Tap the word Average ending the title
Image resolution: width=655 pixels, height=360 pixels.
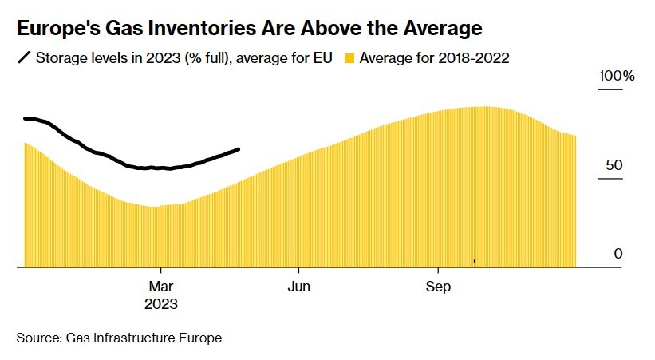click(x=442, y=30)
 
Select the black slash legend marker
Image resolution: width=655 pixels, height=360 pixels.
click(x=24, y=58)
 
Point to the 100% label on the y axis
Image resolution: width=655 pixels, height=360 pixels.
click(x=617, y=77)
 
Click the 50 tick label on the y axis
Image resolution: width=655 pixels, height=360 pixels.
click(x=613, y=165)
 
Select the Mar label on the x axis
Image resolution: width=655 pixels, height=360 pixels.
click(x=161, y=287)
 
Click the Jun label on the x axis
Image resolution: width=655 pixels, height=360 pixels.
click(x=299, y=287)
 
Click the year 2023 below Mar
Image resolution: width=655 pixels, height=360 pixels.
click(x=161, y=304)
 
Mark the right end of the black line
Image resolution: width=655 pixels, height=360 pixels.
click(x=239, y=149)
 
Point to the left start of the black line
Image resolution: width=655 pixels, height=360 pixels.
click(x=25, y=118)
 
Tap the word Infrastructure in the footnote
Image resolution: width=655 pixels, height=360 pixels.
click(x=135, y=338)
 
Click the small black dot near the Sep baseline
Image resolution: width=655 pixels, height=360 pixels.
click(x=474, y=260)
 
